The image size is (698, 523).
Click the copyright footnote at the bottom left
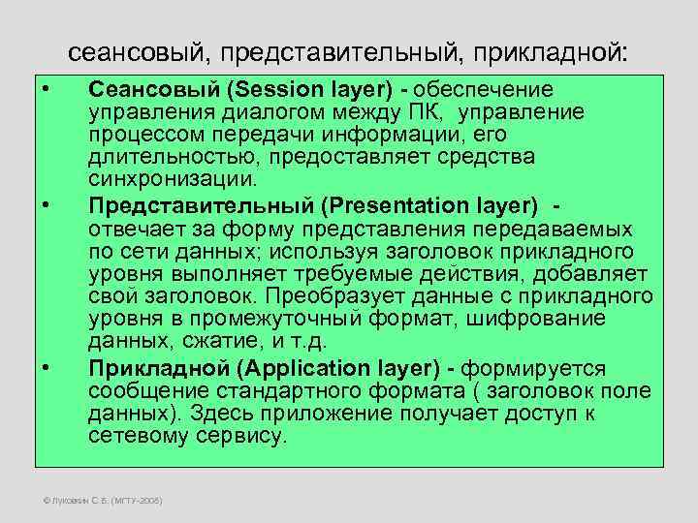click(98, 501)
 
